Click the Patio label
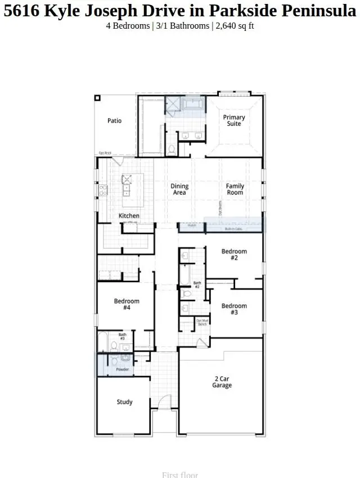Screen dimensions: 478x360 (115, 121)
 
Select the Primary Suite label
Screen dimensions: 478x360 (234, 121)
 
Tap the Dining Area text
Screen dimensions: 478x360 (179, 190)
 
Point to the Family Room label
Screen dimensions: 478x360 (235, 190)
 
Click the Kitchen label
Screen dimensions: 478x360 (129, 216)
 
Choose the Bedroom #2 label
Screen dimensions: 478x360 (234, 255)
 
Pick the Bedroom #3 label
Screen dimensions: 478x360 (234, 309)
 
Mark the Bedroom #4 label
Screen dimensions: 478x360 (127, 305)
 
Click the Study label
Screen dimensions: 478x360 (125, 402)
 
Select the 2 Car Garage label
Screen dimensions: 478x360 (222, 382)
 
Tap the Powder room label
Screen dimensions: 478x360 (123, 369)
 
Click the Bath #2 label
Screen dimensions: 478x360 (197, 285)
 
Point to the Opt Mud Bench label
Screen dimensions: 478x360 (202, 322)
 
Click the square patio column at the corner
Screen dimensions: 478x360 (97, 98)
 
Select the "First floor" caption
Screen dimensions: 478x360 (180, 475)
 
